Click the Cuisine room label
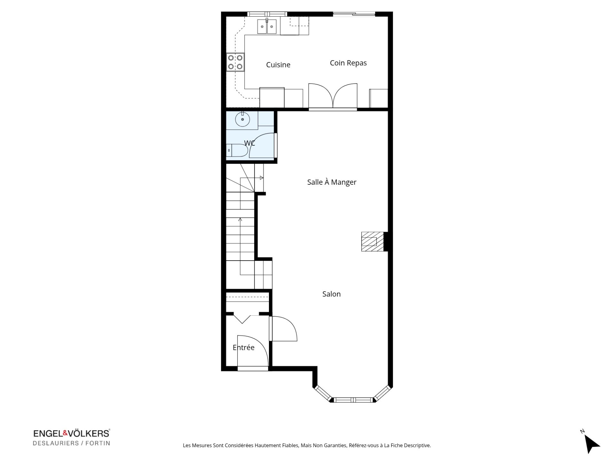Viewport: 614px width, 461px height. click(x=278, y=65)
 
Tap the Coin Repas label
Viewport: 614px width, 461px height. click(x=348, y=63)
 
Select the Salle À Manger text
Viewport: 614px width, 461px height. click(x=332, y=182)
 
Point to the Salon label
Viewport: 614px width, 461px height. click(x=331, y=294)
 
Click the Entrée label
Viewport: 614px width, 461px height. click(x=244, y=347)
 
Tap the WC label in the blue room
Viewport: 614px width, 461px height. click(x=249, y=143)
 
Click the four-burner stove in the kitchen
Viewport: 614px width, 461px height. click(x=235, y=62)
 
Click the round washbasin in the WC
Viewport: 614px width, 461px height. click(x=242, y=119)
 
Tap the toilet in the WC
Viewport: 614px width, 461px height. click(x=237, y=150)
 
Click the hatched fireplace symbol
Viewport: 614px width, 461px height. click(x=373, y=241)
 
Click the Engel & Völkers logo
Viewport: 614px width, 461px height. click(x=72, y=438)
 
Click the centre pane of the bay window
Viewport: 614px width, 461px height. click(x=353, y=400)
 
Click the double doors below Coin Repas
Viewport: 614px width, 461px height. click(x=333, y=95)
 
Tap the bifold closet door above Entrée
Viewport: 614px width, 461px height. click(x=242, y=319)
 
